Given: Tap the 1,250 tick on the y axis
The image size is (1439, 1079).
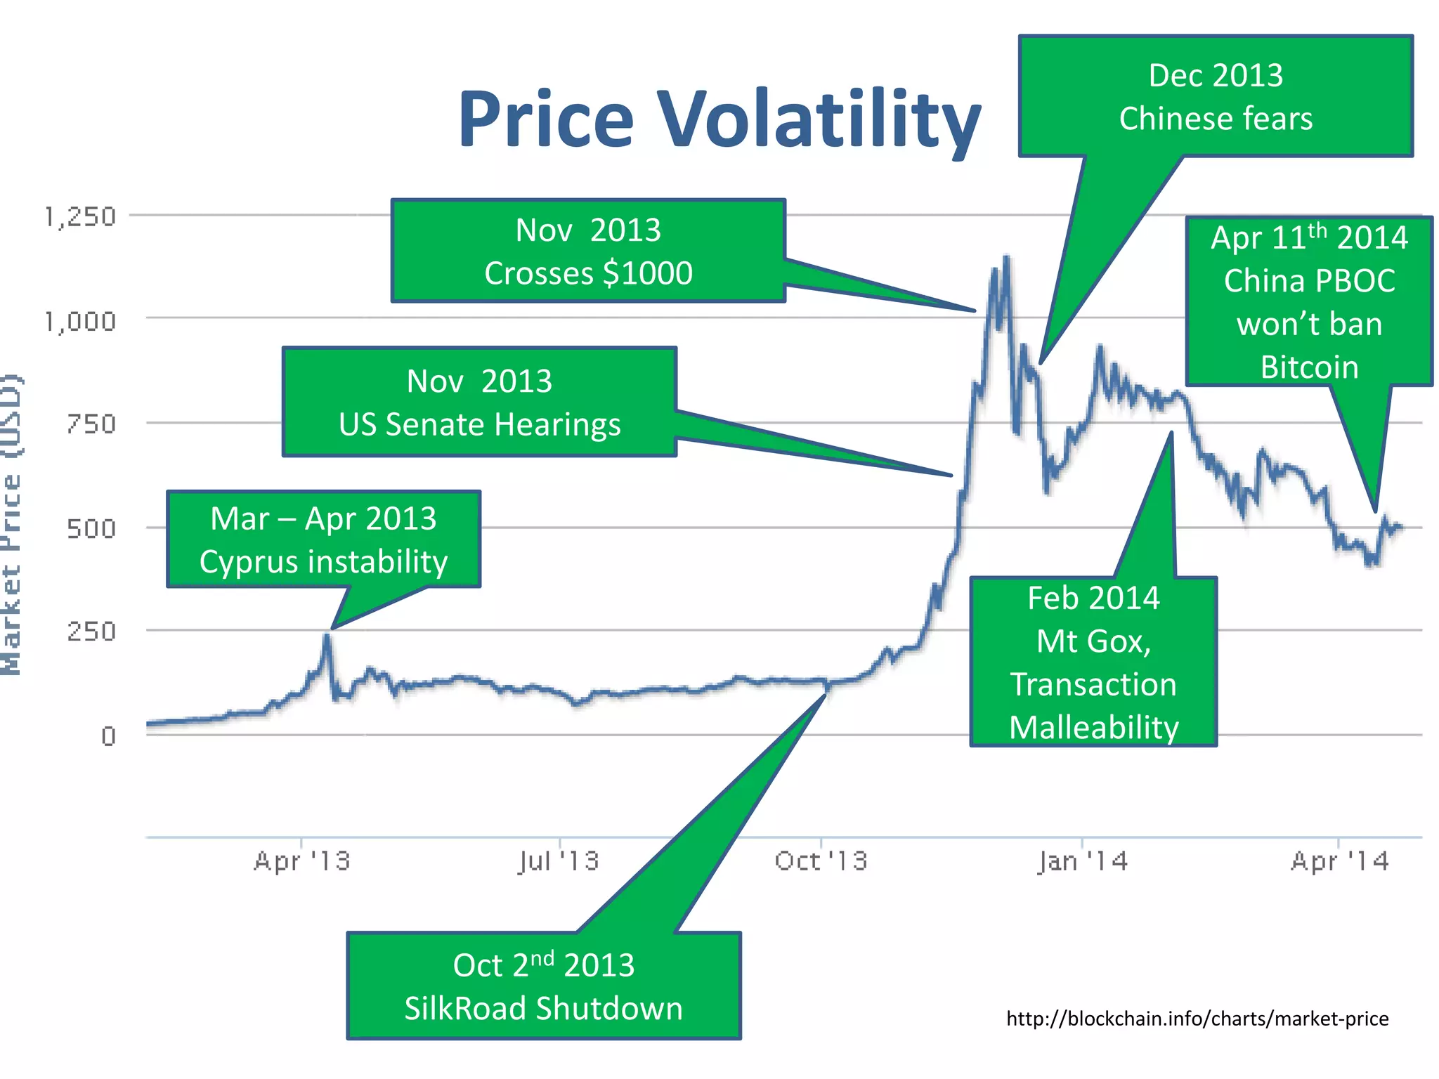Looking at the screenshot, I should (79, 217).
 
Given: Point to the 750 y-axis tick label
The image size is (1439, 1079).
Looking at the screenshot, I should (91, 424).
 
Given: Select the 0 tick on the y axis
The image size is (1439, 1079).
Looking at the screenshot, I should (108, 736).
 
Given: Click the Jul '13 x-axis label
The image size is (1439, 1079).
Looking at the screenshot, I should (559, 861).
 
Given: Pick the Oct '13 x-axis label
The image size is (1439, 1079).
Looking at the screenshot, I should (821, 861).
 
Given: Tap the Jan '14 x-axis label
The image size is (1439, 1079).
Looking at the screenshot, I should (1082, 861).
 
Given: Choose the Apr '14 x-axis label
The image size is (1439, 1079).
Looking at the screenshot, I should (1339, 861).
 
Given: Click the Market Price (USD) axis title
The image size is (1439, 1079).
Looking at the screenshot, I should (11, 525).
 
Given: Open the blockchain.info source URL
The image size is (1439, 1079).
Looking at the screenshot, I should (1197, 1019).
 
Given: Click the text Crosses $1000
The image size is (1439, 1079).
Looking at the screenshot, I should (588, 273).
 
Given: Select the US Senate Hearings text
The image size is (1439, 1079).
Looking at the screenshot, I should (479, 425).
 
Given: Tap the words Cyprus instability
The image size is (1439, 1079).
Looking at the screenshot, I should (323, 562).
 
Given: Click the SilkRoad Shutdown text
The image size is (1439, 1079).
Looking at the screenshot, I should (543, 1009).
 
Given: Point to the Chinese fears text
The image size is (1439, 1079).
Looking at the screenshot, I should (1216, 119).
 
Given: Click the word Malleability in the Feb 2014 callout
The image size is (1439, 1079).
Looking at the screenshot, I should (1093, 728).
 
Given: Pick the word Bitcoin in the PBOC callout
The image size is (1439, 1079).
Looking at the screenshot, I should (1309, 367).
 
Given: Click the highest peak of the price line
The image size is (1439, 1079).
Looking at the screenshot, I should (1007, 258).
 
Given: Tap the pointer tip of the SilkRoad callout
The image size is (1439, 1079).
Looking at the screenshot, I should (825, 695).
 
